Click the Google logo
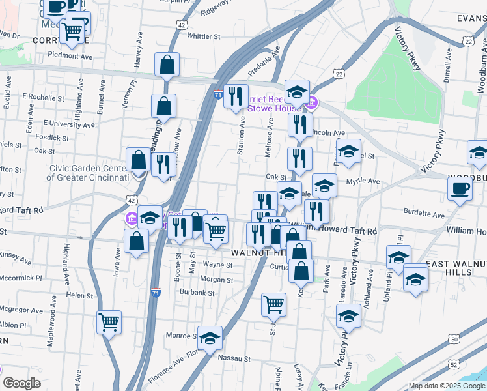tap(21, 383)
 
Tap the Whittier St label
tap(204, 36)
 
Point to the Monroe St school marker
tap(210, 338)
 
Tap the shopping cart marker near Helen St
tap(109, 321)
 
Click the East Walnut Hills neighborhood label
tap(456, 268)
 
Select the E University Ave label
tap(68, 123)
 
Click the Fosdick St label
tap(53, 138)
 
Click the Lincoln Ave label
tap(329, 133)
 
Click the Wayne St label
tap(217, 265)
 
